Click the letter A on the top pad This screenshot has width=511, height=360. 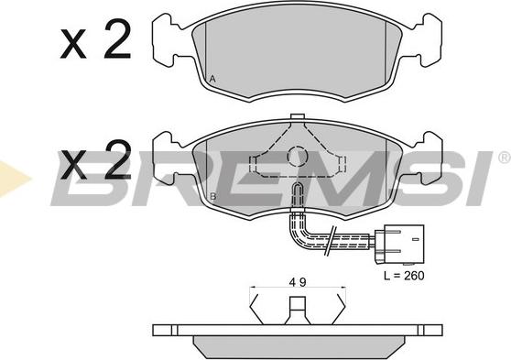(212, 80)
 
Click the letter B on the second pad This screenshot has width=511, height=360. (212, 197)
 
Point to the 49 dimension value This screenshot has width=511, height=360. (297, 283)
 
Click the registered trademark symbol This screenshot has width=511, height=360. (504, 159)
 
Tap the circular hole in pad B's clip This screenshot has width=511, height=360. (297, 158)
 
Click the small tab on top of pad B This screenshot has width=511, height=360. (296, 117)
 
